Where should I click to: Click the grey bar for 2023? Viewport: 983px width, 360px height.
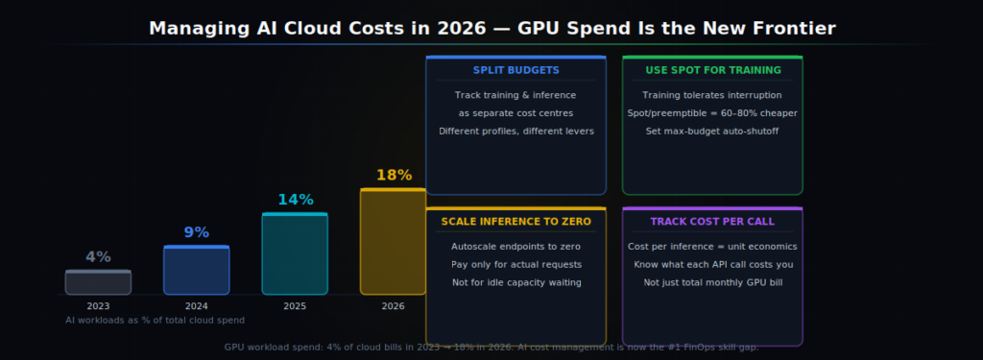[98, 282]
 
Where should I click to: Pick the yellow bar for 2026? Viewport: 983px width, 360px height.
[393, 242]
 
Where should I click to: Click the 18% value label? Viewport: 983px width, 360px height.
[394, 176]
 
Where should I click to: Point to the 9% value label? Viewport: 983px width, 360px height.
[196, 232]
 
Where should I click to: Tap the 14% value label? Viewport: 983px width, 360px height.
[296, 200]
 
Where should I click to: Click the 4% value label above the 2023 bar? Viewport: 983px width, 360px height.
[98, 257]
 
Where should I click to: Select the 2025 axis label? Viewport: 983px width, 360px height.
[295, 306]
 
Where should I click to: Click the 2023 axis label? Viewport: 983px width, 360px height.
[98, 306]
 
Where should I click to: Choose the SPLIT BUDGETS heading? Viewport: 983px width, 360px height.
[515, 70]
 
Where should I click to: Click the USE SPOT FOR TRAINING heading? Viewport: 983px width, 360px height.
[712, 70]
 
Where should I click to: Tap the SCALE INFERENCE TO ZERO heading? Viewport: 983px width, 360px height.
[515, 222]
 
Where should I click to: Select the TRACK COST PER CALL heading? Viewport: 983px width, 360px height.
[712, 222]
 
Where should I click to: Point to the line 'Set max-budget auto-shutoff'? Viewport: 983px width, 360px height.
[712, 131]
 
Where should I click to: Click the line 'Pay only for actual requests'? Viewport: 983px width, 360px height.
[515, 264]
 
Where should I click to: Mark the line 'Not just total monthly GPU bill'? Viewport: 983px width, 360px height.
[712, 282]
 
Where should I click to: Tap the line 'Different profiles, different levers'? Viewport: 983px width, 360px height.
[515, 131]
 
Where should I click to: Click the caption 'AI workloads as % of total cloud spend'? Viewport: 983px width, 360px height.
[155, 320]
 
